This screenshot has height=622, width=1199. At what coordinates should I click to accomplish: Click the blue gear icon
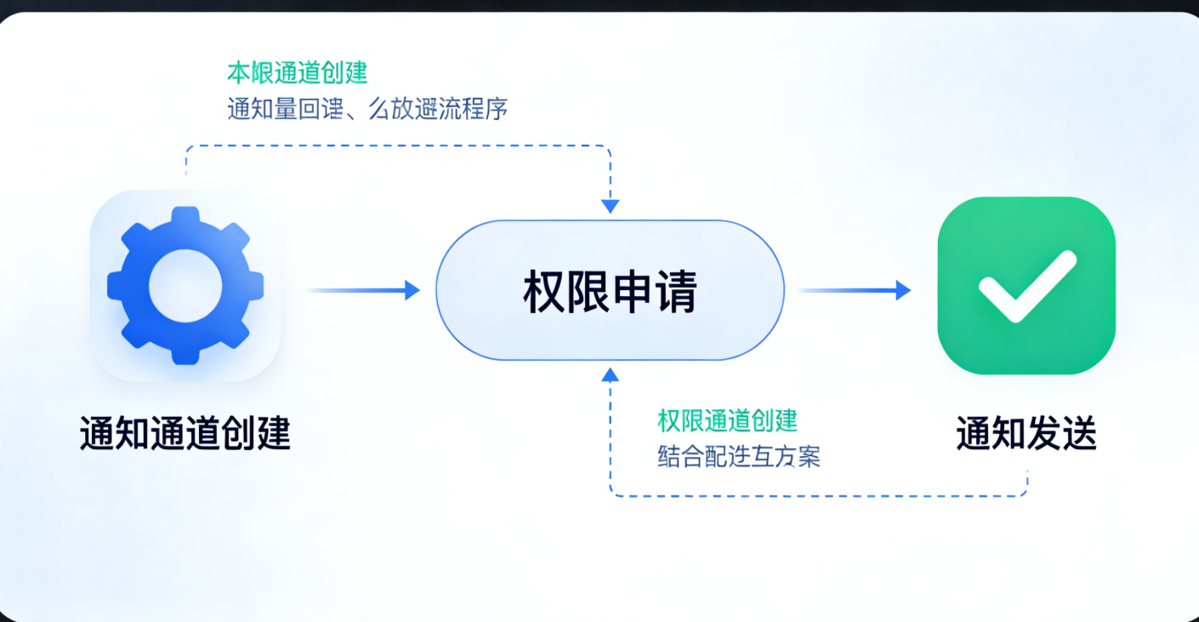click(185, 286)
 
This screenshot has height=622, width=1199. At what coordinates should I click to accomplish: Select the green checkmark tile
click(1026, 286)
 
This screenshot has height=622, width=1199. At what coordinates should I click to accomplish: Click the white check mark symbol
click(1026, 286)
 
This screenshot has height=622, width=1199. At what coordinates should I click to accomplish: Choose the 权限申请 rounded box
click(610, 290)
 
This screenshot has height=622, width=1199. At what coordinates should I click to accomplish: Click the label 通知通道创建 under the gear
click(185, 433)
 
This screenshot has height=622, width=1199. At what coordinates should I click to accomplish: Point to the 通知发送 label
click(1026, 433)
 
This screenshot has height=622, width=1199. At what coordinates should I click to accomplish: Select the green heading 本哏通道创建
click(298, 72)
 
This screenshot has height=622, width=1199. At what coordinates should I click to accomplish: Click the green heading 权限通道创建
click(727, 419)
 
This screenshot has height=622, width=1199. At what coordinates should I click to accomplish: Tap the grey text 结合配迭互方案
click(738, 457)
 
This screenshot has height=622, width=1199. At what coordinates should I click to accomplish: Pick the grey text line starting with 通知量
click(367, 109)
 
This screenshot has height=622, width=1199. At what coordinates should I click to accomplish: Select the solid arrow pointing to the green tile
click(854, 290)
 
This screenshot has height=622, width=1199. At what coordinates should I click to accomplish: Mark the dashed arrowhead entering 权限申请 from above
click(610, 206)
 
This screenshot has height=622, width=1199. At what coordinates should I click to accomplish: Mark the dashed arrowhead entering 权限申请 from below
click(610, 373)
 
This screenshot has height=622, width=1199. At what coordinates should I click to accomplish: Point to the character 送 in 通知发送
click(1077, 433)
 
